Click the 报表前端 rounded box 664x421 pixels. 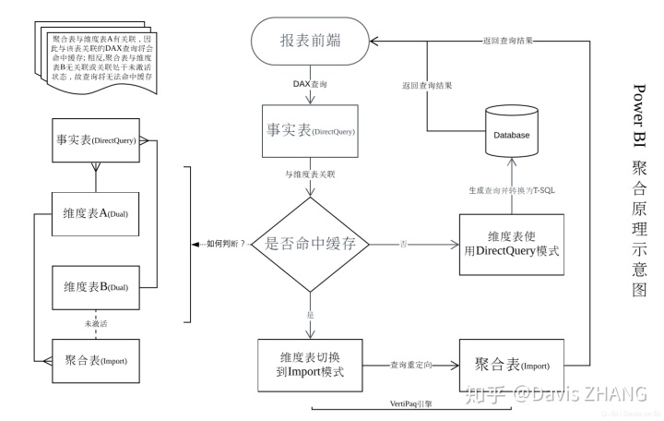312,42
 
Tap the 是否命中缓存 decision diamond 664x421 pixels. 312,245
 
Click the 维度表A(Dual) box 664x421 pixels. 95,214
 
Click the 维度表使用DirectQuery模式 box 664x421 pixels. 512,244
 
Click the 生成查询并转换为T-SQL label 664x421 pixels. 512,190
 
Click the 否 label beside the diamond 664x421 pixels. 403,244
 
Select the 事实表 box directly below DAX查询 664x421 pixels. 312,132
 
